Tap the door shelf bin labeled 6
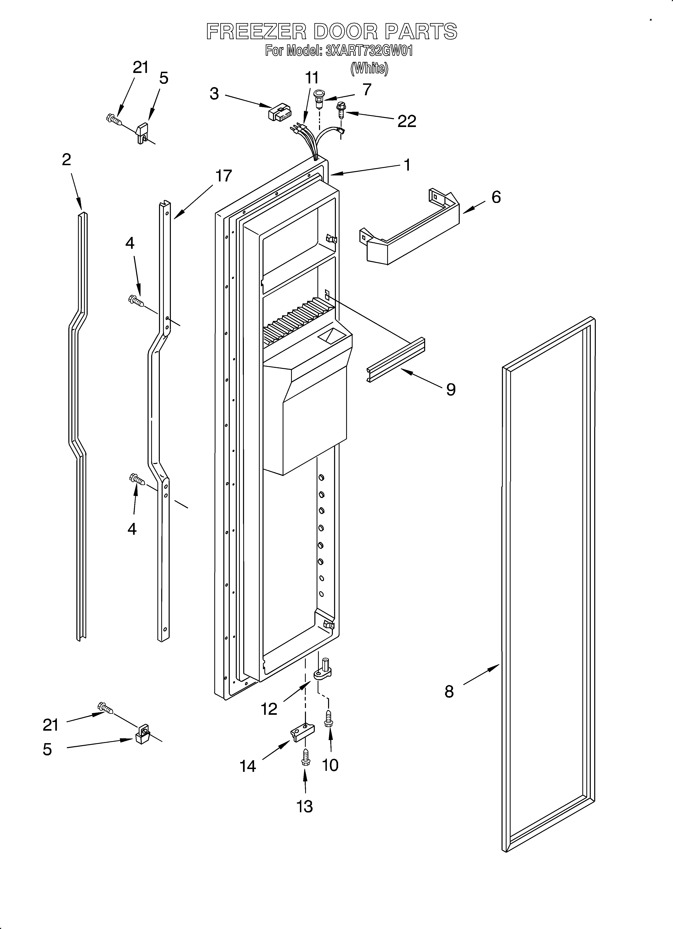(x=410, y=231)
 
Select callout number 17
(x=224, y=176)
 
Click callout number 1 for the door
(x=407, y=165)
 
